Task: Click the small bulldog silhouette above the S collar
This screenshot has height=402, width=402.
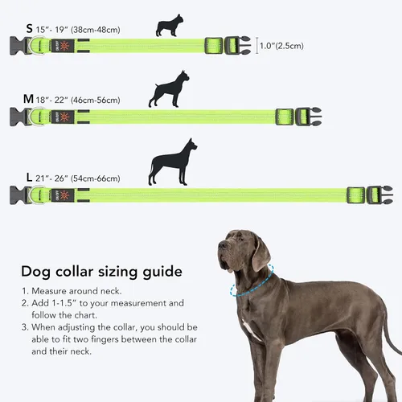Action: click(169, 26)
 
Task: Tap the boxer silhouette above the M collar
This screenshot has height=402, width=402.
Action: click(168, 89)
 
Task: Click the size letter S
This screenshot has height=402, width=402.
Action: click(29, 29)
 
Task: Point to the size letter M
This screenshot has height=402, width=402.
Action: click(28, 99)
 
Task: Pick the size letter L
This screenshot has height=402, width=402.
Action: click(30, 176)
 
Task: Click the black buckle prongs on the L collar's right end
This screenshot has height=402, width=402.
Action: click(381, 194)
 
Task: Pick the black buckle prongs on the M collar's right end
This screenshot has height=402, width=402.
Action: click(313, 117)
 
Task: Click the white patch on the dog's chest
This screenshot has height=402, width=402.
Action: click(252, 329)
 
